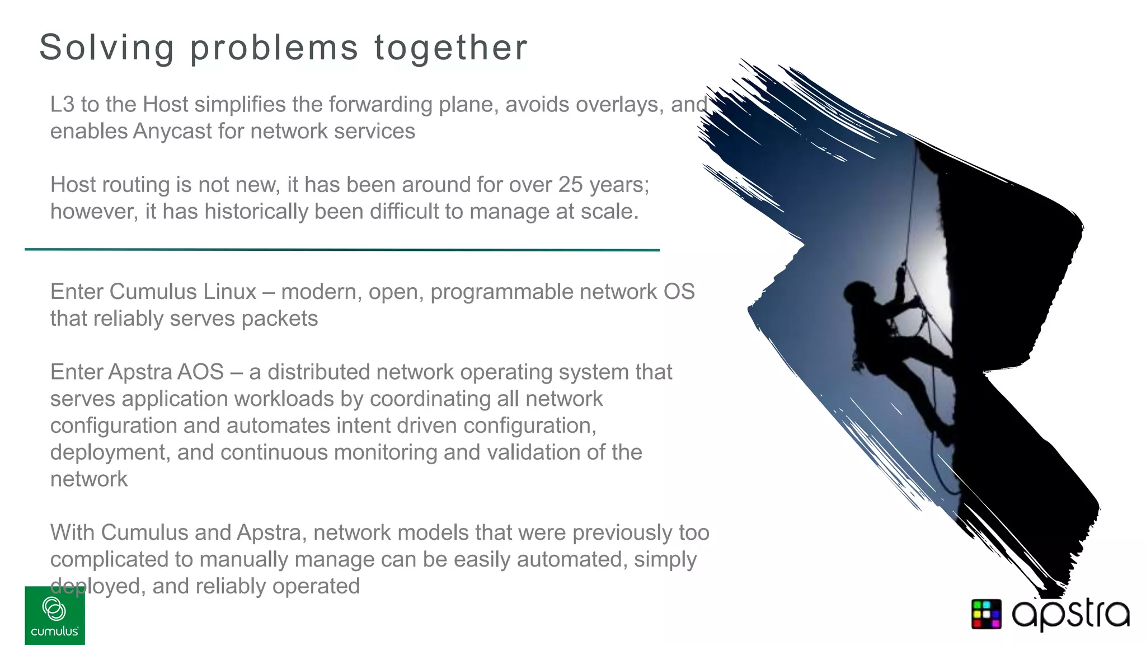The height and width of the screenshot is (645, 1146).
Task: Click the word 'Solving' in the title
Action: pos(106,47)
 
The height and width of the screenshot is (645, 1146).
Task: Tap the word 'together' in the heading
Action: pos(450,47)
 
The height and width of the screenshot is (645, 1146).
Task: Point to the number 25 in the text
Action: pos(570,185)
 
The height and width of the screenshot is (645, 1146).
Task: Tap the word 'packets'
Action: pos(279,319)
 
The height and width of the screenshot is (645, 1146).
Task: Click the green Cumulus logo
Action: pos(55,616)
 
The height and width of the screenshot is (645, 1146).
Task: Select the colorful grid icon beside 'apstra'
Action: pos(987,614)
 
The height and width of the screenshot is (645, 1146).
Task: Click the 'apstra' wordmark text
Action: pos(1070,615)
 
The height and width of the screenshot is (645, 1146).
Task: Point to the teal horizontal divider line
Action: pos(342,250)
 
